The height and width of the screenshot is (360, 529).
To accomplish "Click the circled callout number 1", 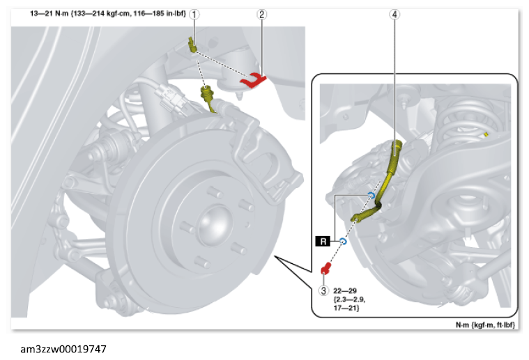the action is [x=194, y=14].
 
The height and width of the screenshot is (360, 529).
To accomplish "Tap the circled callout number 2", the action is [x=262, y=14].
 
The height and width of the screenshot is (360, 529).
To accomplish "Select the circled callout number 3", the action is [x=323, y=290].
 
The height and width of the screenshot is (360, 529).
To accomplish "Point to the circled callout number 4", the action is [x=394, y=14].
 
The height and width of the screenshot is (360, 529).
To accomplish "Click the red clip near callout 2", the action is [x=253, y=81].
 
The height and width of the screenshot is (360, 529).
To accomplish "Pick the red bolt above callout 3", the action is [x=326, y=269].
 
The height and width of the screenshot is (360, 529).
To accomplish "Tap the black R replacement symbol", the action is [x=323, y=242].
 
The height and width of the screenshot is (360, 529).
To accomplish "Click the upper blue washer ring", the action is [x=371, y=196].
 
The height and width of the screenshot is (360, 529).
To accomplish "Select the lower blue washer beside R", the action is [x=343, y=242].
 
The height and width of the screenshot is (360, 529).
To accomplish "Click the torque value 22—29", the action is [x=345, y=290].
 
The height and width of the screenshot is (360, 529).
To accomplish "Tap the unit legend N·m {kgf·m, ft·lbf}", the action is [x=485, y=324].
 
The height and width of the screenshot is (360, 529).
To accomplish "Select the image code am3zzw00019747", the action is [x=63, y=349].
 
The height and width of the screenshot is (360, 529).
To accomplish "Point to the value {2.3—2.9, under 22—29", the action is [x=349, y=299].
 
